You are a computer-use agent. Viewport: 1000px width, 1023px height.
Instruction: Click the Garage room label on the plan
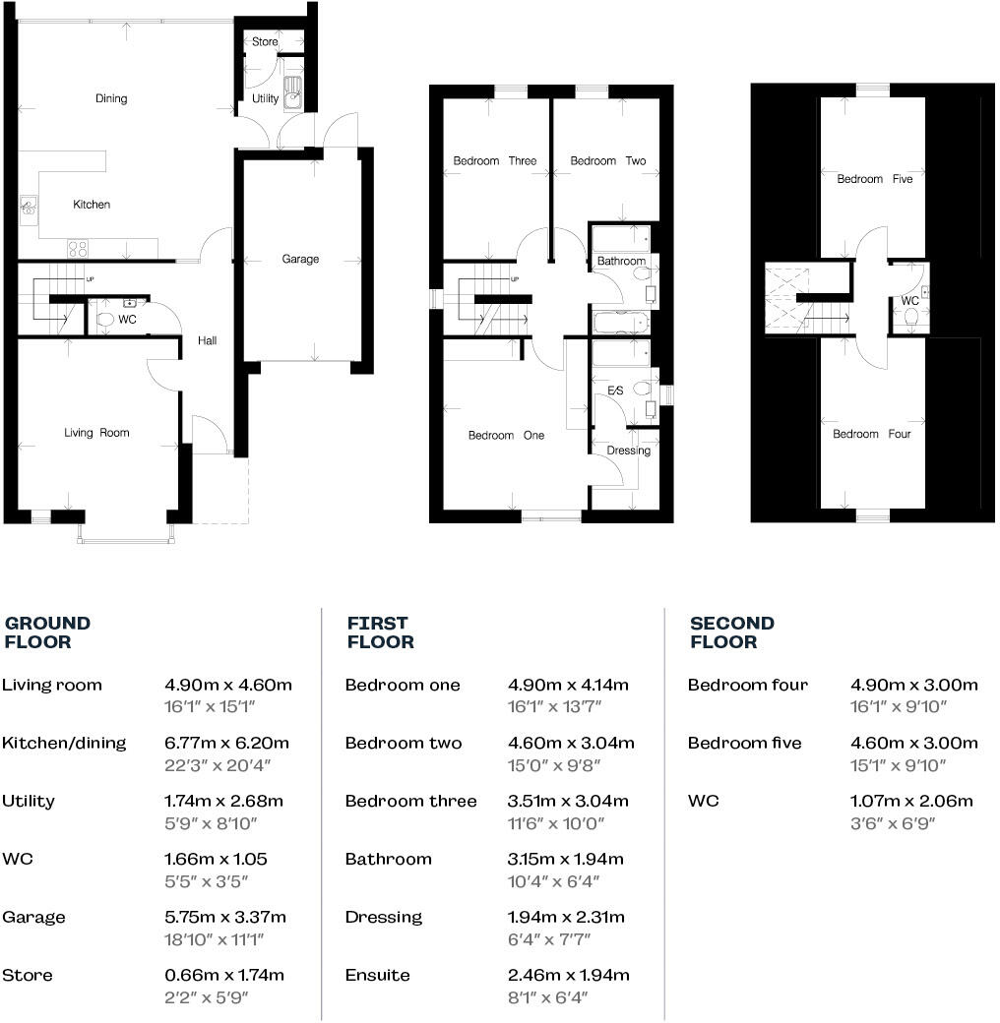[300, 259]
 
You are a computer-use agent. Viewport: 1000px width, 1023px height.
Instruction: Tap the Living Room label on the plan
[96, 433]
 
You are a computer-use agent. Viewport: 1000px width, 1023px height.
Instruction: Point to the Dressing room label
[628, 451]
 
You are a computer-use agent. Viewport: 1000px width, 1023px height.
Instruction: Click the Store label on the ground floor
[265, 42]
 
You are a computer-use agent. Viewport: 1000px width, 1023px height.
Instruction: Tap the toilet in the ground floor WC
[105, 319]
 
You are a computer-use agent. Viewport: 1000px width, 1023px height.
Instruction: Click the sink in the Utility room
[293, 96]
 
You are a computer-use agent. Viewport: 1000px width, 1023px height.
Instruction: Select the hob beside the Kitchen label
[78, 248]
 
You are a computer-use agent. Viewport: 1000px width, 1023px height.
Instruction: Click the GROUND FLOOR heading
[47, 632]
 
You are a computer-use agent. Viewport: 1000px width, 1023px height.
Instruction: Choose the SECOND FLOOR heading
[731, 632]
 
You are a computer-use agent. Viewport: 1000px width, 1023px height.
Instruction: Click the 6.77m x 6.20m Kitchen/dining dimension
[227, 743]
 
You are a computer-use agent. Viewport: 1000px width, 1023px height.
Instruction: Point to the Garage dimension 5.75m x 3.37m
[226, 917]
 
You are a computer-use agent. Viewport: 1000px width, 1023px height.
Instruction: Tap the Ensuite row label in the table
[377, 975]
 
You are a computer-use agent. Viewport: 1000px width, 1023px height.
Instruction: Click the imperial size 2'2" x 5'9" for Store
[206, 997]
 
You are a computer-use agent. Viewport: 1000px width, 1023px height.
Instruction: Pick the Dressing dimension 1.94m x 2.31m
[565, 917]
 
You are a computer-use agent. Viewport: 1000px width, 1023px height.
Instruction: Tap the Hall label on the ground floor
[207, 341]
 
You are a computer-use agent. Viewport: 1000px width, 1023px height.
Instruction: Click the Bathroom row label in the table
[388, 859]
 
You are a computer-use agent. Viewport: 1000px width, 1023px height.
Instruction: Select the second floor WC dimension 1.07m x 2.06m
[910, 801]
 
